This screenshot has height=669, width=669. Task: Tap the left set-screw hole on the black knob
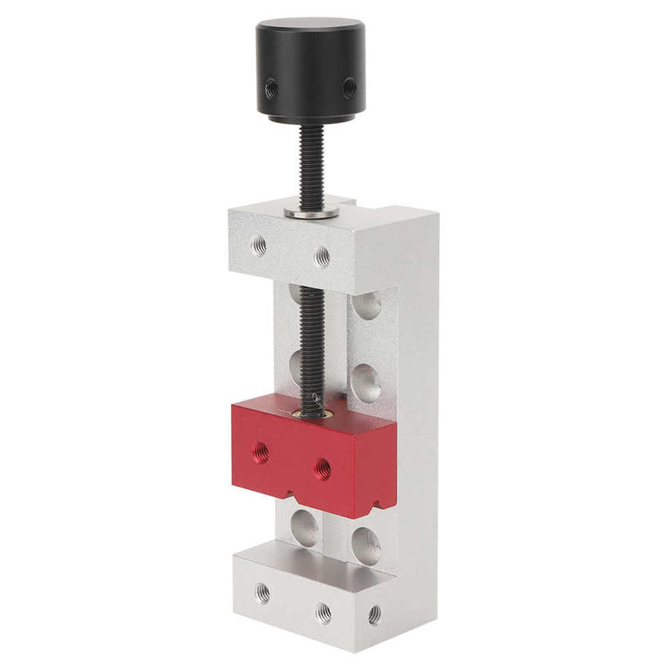point(272,88)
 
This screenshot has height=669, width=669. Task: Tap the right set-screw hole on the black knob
point(348,88)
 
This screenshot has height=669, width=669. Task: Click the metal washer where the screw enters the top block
point(311,213)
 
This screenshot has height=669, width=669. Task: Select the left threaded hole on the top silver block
point(258,244)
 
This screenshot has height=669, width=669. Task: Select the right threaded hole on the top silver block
point(322,256)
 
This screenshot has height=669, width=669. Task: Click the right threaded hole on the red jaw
point(322,468)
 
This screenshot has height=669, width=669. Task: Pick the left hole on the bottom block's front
point(262,592)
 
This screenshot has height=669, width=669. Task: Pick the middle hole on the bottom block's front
point(323,613)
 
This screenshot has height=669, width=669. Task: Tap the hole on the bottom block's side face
point(374,614)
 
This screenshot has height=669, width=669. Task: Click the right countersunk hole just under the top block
point(366,306)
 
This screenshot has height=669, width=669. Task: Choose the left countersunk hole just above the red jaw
point(296,364)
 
